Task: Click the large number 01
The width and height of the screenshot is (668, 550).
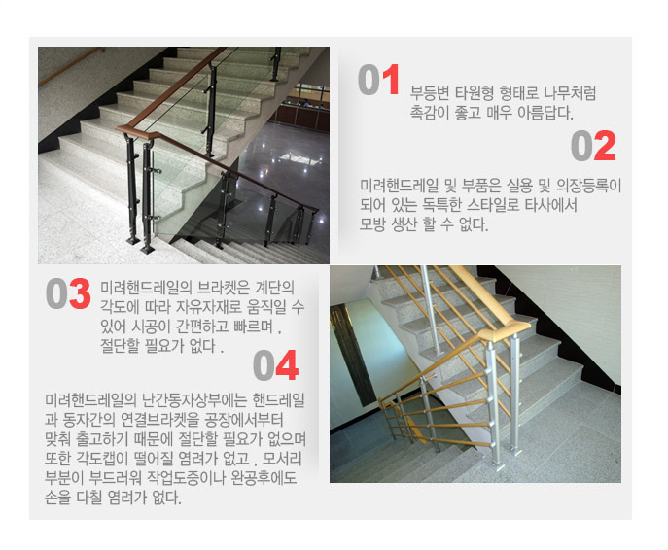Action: [x=379, y=80]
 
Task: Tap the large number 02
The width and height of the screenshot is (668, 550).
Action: [x=593, y=146]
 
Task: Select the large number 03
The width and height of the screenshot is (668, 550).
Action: [x=68, y=293]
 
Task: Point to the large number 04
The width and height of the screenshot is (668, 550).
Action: [x=275, y=364]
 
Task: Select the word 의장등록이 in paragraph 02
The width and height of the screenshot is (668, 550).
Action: [x=589, y=186]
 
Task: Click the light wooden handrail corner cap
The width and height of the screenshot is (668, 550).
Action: [x=505, y=331]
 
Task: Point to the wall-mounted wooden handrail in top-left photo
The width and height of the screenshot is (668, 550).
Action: [x=71, y=66]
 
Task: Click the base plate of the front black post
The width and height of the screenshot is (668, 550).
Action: [x=148, y=249]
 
